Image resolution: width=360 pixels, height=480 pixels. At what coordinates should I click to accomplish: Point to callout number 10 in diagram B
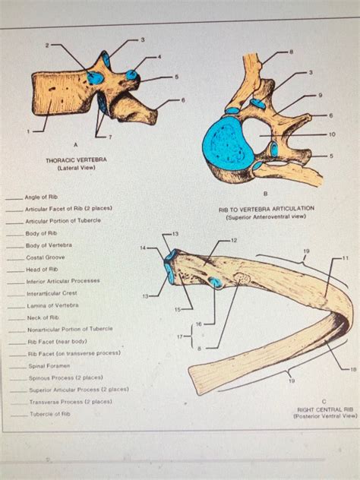point(332,134)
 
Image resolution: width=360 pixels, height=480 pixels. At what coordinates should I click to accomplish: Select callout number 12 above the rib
point(233,240)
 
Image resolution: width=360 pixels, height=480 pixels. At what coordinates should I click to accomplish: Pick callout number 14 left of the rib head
point(143,248)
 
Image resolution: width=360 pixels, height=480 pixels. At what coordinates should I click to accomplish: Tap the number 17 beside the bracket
point(178,336)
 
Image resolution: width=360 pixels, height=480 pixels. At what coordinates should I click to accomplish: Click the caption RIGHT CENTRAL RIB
point(326,409)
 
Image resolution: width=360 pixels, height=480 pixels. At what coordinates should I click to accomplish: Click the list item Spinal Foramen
point(50,365)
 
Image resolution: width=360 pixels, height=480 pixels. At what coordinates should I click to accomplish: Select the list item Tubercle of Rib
point(49,414)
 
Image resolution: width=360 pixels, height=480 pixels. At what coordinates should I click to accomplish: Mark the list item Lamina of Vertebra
point(52,305)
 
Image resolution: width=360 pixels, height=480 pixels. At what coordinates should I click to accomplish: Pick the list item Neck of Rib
point(43,317)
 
